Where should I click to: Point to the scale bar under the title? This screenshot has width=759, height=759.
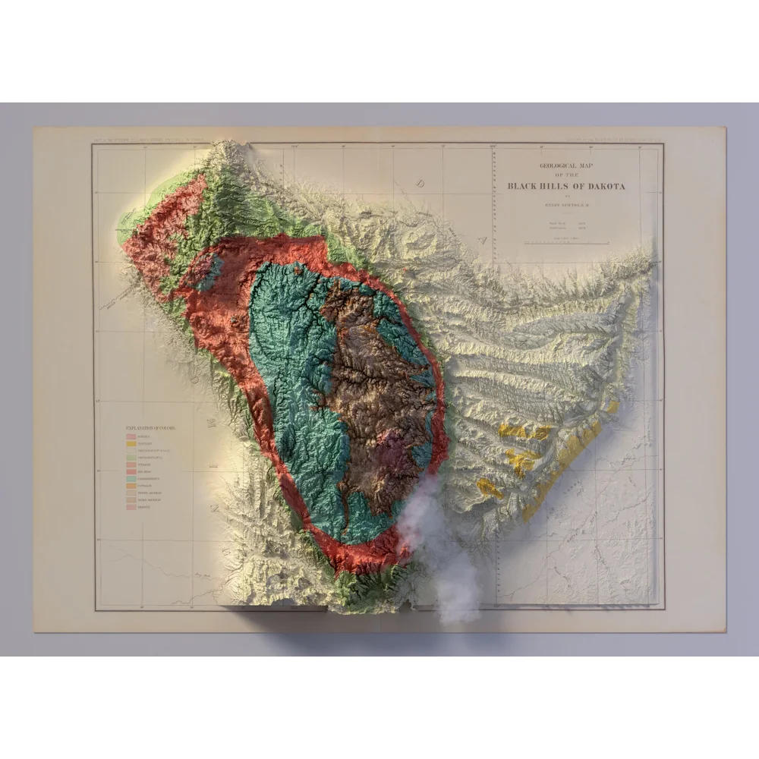pyautogui.click(x=567, y=243)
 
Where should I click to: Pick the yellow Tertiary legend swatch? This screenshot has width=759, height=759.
pyautogui.click(x=131, y=444)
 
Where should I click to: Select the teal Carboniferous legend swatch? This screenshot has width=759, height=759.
pyautogui.click(x=131, y=479)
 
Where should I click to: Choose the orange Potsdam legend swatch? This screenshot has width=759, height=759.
pyautogui.click(x=131, y=486)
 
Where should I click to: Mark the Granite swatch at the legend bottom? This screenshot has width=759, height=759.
pyautogui.click(x=131, y=507)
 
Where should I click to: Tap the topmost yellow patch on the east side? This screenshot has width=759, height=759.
pyautogui.click(x=524, y=432)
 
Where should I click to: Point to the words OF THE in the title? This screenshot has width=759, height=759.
pyautogui.click(x=567, y=175)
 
